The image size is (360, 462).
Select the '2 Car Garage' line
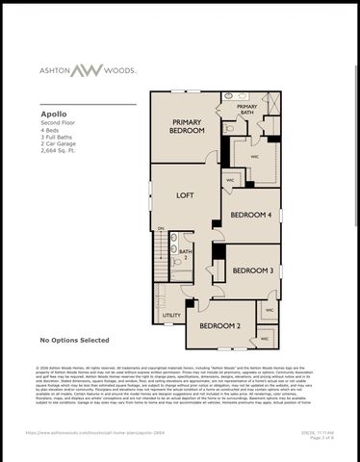(57, 144)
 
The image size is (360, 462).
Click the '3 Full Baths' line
(55, 137)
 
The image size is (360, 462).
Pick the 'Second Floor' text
(56, 122)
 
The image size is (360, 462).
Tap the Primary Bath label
(247, 110)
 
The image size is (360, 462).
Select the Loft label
(185, 194)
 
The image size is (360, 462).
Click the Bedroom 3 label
(253, 270)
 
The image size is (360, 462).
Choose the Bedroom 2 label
(220, 326)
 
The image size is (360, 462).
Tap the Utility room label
(171, 315)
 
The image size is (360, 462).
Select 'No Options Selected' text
(74, 340)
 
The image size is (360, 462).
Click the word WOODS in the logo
(121, 70)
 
